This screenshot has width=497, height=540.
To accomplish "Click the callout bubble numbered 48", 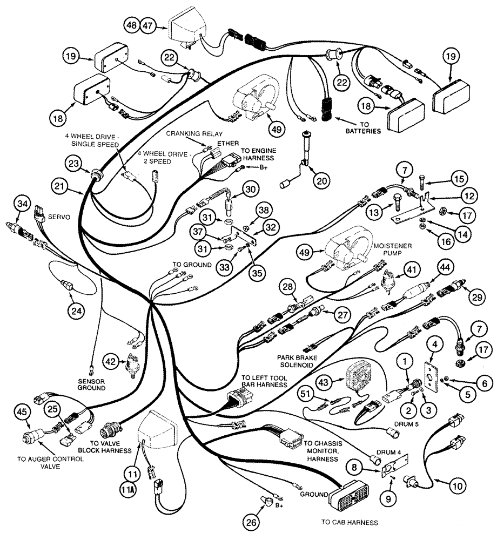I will tap(132, 25).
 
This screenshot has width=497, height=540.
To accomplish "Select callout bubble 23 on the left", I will tap(75, 163).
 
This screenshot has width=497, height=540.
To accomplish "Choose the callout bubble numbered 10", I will tap(458, 485).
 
